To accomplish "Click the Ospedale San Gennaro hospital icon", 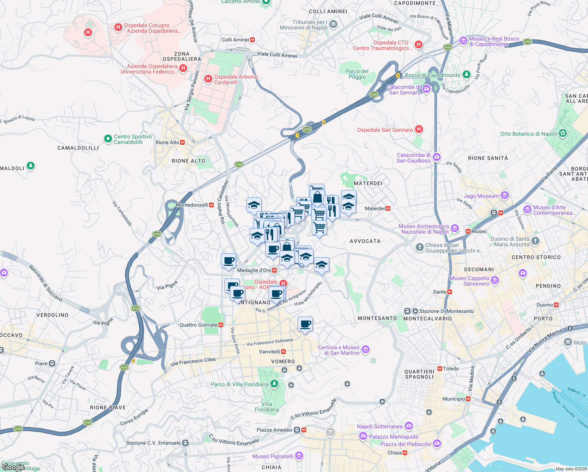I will point(419,129).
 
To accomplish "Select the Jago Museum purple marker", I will point(505,195).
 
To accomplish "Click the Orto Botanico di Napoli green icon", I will point(563,133).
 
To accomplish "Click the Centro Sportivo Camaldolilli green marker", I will point(108,138).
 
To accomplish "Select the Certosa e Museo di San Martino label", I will point(339,350).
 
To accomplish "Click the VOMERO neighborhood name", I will point(283,361).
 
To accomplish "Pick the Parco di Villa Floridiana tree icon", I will point(274,383).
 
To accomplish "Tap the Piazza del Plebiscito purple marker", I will point(437,444).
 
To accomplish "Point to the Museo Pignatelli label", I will point(273,456).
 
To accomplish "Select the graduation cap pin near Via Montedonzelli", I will point(254,205).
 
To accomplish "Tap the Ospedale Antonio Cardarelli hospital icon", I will point(208,79).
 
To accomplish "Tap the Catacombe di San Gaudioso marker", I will point(436,158).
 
